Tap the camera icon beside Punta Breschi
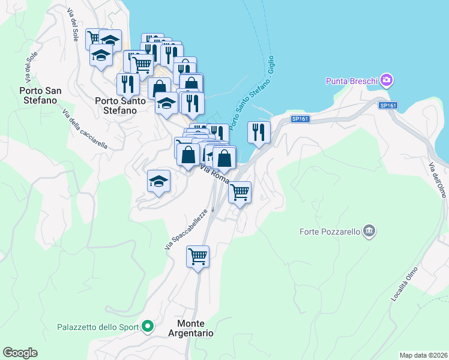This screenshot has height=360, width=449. click(x=386, y=80)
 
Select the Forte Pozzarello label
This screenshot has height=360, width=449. click(x=330, y=231)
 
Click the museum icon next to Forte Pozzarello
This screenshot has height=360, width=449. click(x=369, y=230)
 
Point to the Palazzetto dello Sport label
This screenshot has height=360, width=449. click(x=98, y=327)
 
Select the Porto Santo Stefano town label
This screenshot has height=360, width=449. click(x=120, y=106)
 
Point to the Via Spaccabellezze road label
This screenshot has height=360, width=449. click(x=185, y=229)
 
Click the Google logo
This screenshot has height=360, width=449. click(x=20, y=353)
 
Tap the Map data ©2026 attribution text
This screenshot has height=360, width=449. click(x=423, y=355)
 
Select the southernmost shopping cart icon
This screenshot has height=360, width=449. click(x=197, y=257)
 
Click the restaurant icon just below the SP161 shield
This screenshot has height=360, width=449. click(x=259, y=132)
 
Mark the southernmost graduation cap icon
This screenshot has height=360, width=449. click(x=158, y=181)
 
